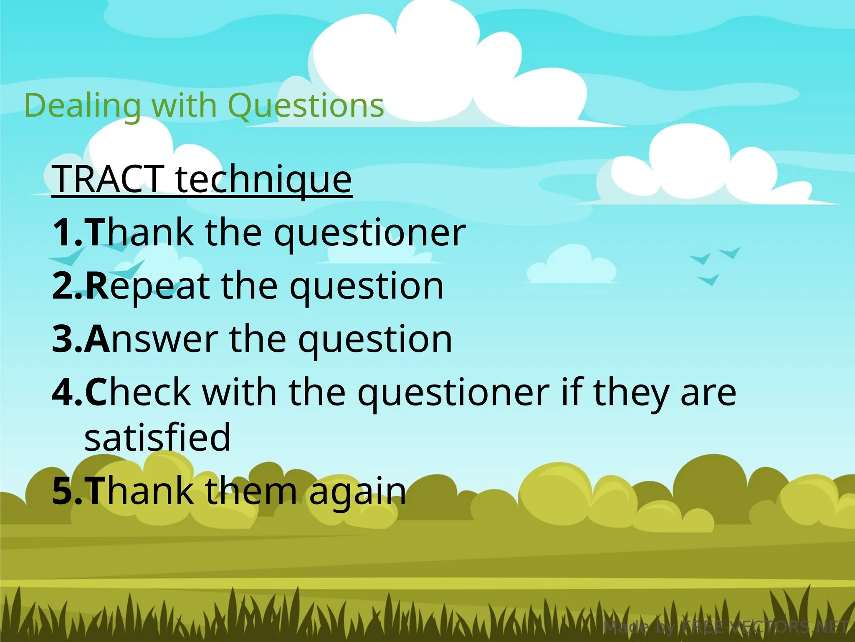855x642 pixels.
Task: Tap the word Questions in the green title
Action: pyautogui.click(x=306, y=106)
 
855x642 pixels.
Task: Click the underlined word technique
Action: pyautogui.click(x=264, y=180)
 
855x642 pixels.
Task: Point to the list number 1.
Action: pyautogui.click(x=66, y=232)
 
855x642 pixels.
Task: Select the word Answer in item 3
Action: pyautogui.click(x=151, y=339)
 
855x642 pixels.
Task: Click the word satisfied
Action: pyautogui.click(x=157, y=437)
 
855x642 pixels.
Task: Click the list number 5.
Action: pyautogui.click(x=66, y=491)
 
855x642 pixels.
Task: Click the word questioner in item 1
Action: pyautogui.click(x=369, y=233)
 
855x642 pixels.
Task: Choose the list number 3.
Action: pyautogui.click(x=66, y=339)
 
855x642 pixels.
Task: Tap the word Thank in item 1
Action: pyautogui.click(x=140, y=232)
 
